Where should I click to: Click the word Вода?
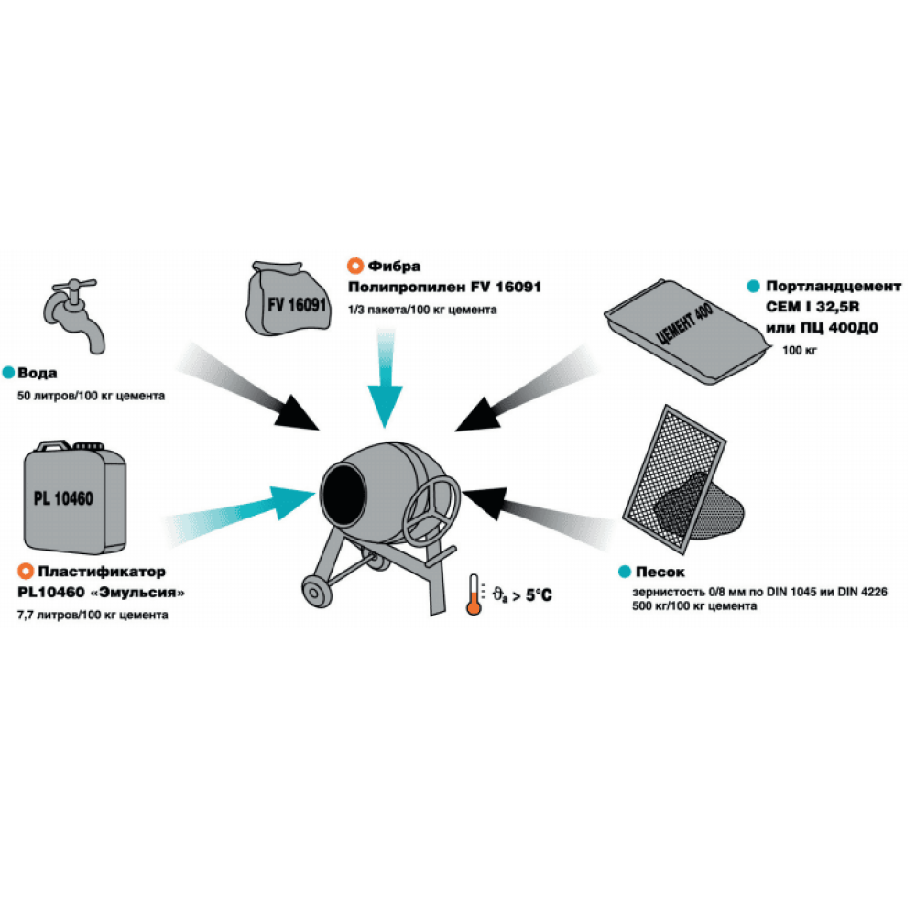click(42, 373)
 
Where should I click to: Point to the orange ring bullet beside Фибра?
click(353, 267)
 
